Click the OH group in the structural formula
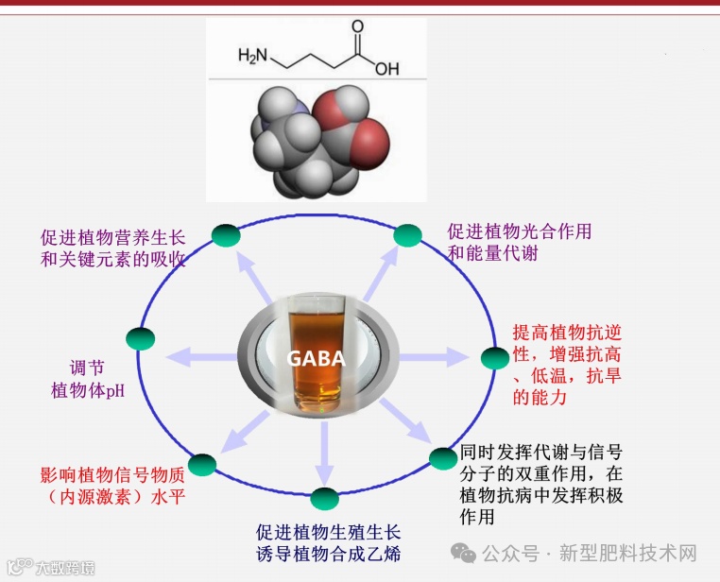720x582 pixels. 387,69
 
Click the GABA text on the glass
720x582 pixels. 317,359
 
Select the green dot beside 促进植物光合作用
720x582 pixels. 407,235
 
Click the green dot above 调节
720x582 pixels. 140,338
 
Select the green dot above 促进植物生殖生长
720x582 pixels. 324,500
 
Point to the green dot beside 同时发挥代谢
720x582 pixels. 443,459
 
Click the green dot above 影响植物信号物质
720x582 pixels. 202,464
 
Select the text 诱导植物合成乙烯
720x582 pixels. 328,554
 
